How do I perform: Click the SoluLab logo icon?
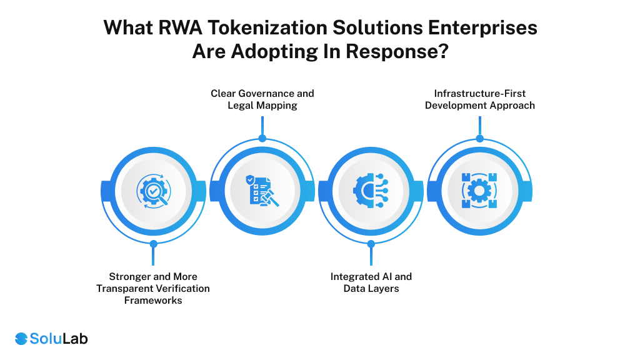click(x=21, y=339)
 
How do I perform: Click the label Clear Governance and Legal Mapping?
click(x=262, y=99)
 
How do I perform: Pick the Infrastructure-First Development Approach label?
click(x=479, y=99)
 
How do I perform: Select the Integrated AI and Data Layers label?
click(x=371, y=282)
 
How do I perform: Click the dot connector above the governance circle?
click(x=262, y=138)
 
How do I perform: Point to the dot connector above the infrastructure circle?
click(x=479, y=138)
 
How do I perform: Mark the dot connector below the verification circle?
click(x=153, y=244)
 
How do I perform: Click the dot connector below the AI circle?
click(x=371, y=244)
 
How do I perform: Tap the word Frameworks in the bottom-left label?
click(x=153, y=300)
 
